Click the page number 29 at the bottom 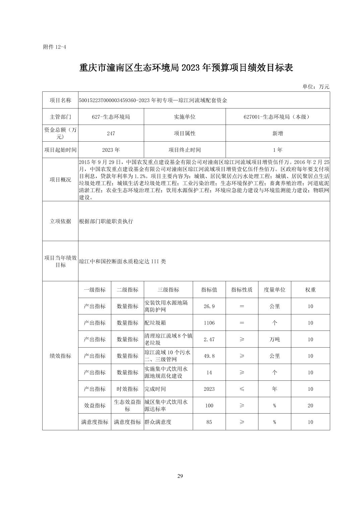tap(180, 476)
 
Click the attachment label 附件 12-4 tap(55, 47)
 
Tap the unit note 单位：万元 tap(316, 87)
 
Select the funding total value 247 tap(111, 133)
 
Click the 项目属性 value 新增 tap(278, 133)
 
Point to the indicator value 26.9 tap(209, 306)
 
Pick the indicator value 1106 tap(209, 323)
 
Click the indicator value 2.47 tap(209, 339)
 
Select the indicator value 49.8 tap(209, 356)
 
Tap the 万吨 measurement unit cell tap(275, 339)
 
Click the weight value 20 tap(310, 406)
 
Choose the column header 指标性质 tap(242, 290)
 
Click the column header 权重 tap(310, 290)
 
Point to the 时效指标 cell tap(127, 389)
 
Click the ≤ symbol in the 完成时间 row tap(242, 389)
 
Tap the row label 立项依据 tap(60, 221)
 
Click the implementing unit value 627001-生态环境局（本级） tap(278, 117)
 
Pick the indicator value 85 tap(209, 422)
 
